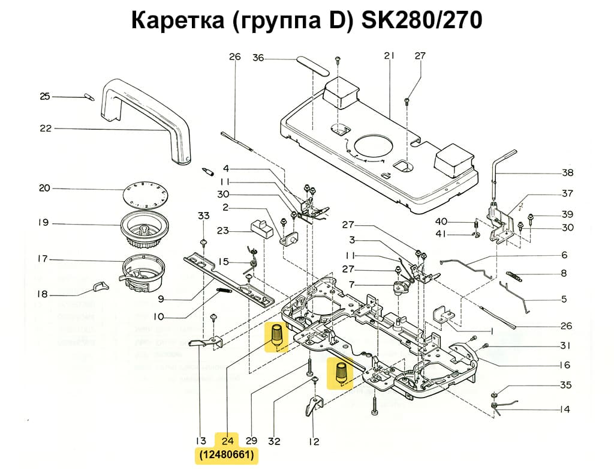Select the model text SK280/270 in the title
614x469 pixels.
point(422,20)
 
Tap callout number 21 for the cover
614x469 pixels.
point(389,56)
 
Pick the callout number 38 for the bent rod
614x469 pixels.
point(567,172)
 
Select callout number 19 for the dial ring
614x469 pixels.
point(43,223)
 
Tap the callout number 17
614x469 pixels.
point(43,259)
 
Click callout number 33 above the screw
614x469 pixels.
point(204,216)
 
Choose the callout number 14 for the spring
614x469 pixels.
point(564,410)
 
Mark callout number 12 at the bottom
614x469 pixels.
point(314,442)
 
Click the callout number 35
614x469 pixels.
point(565,385)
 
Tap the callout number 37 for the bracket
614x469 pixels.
point(567,193)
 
